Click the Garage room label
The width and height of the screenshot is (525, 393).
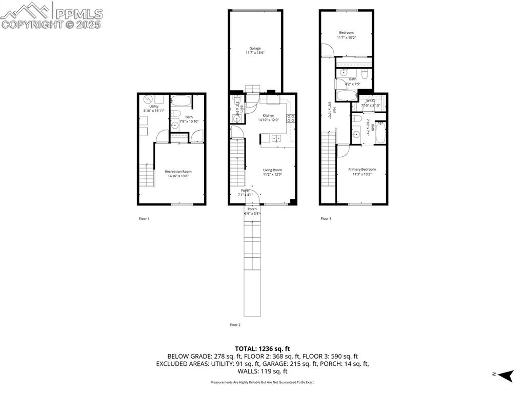[x=255, y=48]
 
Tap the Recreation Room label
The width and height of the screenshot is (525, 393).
[x=178, y=172]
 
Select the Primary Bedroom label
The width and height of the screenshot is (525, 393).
[x=361, y=170]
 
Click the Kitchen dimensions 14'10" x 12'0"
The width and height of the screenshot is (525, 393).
[x=269, y=120]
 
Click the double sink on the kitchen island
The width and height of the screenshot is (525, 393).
[x=276, y=138]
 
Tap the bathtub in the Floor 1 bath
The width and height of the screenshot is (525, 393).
[x=180, y=100]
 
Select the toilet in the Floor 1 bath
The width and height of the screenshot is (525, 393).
[x=175, y=113]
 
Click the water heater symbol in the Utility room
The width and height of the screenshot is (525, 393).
[x=147, y=98]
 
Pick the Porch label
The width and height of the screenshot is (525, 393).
[x=252, y=209]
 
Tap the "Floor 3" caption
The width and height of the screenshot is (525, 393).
[x=326, y=219]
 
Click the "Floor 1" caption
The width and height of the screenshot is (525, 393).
[x=144, y=219]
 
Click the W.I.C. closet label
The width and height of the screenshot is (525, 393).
[x=366, y=100]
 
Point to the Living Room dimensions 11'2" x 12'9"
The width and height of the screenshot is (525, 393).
[x=272, y=175]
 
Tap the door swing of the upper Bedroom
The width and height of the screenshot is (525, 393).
[x=327, y=50]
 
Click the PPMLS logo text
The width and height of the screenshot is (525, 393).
[x=78, y=14]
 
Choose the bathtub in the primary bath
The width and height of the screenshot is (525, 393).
[x=380, y=134]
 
